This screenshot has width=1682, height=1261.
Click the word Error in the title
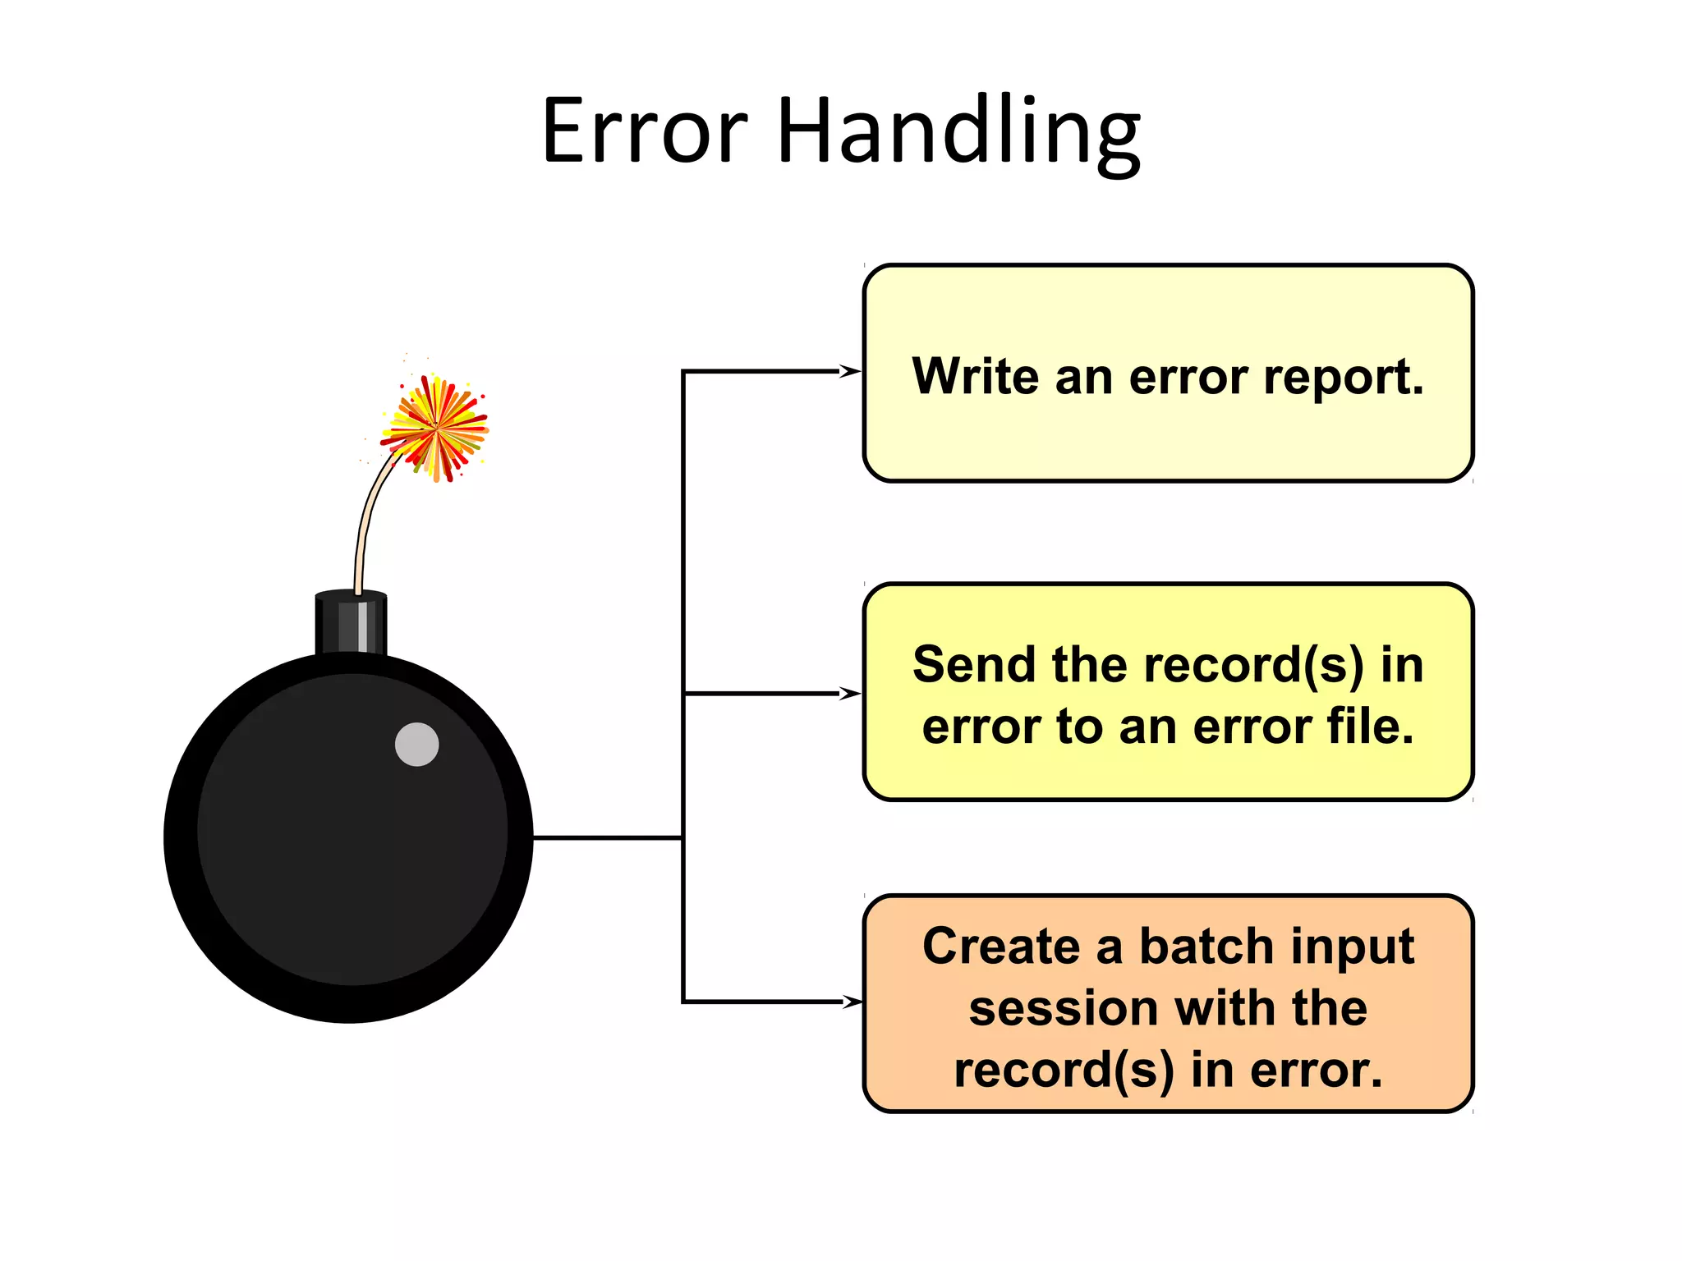645,131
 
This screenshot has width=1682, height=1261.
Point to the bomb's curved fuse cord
366,517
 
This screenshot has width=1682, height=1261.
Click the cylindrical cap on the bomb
351,622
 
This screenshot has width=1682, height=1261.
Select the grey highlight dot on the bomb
416,745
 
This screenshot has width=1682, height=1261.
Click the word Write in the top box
976,377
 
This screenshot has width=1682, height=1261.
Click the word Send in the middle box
974,664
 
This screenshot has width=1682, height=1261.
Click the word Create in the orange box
1000,947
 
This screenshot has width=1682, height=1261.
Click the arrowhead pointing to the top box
851,371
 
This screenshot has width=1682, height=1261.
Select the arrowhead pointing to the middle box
851,694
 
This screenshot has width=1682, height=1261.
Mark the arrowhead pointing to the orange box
852,1002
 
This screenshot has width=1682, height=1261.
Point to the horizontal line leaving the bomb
608,837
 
